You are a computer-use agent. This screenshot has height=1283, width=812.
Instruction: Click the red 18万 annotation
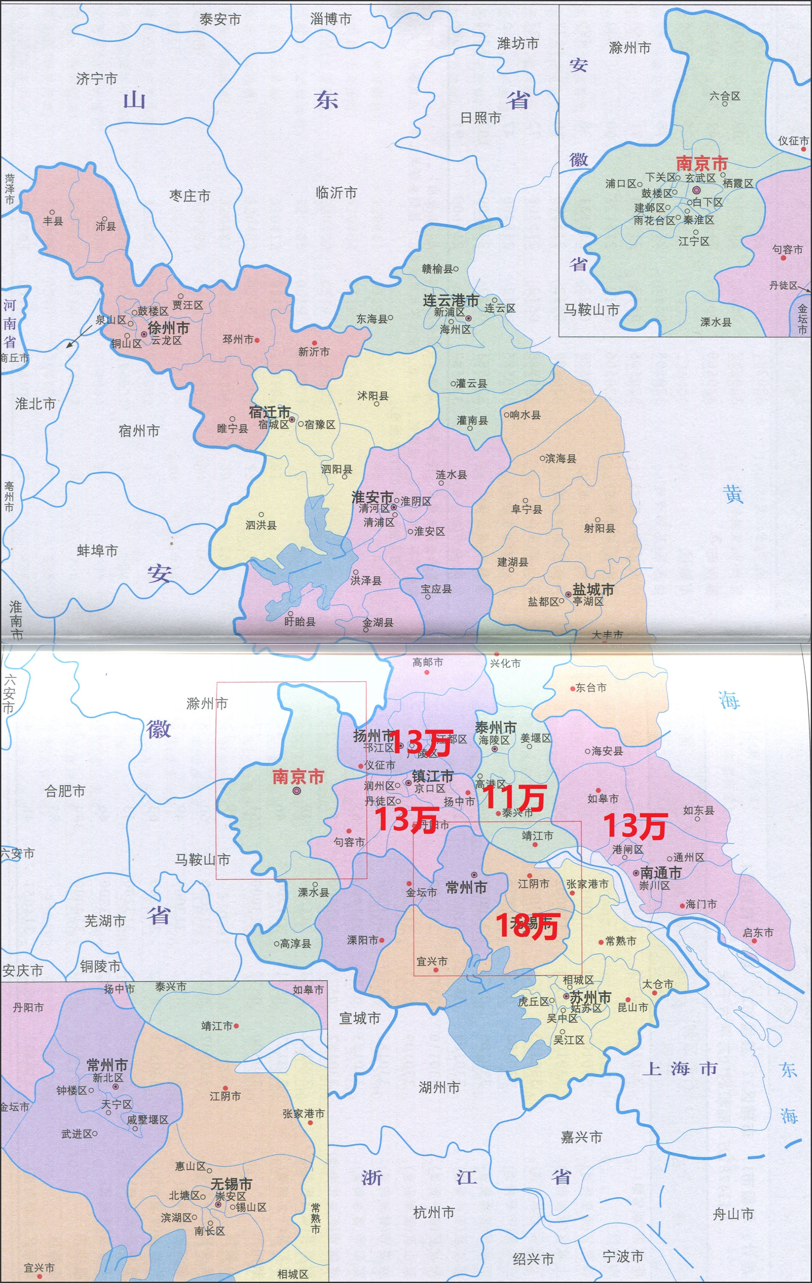pos(527,926)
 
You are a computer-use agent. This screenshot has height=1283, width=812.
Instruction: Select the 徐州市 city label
pos(169,328)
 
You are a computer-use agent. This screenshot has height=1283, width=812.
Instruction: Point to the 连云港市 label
pos(451,301)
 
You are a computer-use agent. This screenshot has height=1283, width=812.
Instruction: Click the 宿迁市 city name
pos(270,412)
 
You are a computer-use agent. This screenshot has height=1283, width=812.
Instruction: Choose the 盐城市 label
pos(593,589)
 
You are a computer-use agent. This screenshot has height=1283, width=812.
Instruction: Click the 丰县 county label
pos(53,221)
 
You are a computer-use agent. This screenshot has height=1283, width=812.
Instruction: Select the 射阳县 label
pos(599,528)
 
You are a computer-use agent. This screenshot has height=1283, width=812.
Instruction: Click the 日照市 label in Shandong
pos(480,118)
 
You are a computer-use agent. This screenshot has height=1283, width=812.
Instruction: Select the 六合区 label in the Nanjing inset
pos(725,96)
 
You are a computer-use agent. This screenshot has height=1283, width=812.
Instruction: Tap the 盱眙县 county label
pos(299,622)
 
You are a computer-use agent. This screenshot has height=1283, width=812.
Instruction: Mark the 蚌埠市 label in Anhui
pos(97,550)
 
